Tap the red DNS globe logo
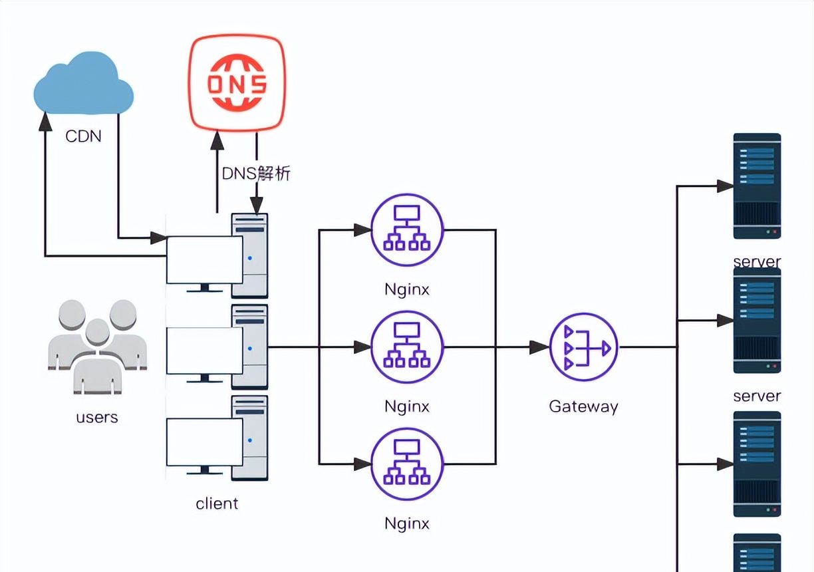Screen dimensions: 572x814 coord(237,83)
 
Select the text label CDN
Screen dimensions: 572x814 coord(83,136)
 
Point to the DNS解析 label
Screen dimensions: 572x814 coord(256,174)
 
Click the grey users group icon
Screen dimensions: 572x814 coord(97,347)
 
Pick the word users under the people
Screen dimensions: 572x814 coord(97,418)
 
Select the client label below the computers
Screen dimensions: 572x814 coord(217,503)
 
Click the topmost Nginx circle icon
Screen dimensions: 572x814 coord(407,230)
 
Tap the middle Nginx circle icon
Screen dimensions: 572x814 coord(407,347)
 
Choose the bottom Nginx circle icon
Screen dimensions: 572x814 coord(407,464)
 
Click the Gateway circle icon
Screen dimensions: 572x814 coord(584,347)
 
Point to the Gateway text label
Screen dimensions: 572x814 coord(584,406)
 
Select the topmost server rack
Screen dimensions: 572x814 coord(757,186)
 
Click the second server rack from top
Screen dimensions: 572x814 coord(757,321)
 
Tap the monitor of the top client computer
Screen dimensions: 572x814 coord(204,260)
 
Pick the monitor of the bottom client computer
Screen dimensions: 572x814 coord(204,442)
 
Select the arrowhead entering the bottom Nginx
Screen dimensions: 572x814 coord(362,464)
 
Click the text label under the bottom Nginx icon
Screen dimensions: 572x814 coord(407,523)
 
